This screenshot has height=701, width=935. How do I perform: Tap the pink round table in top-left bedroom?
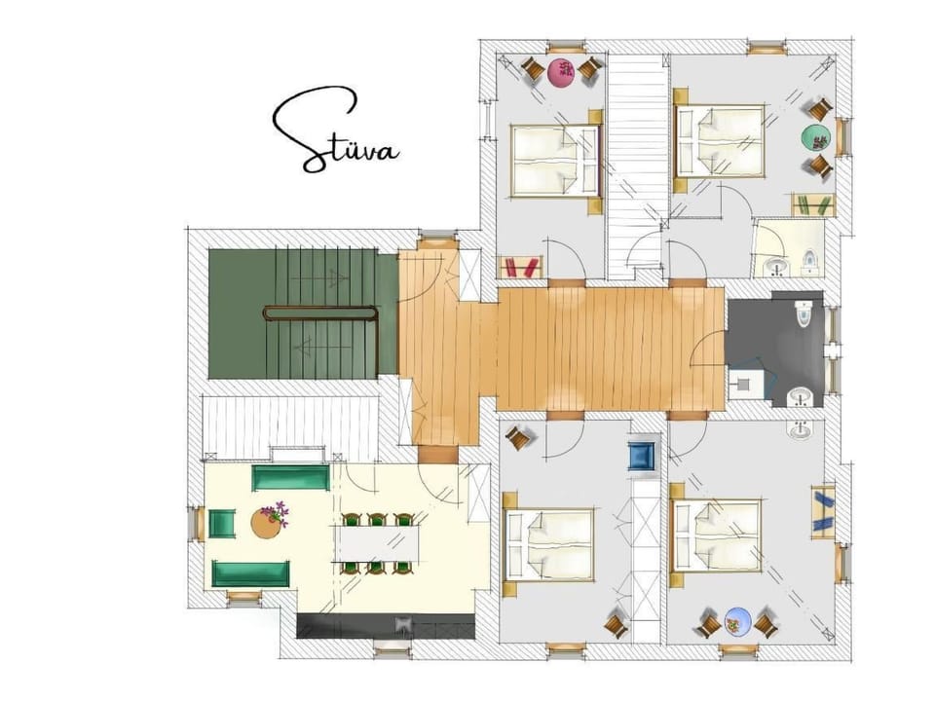(x=561, y=71)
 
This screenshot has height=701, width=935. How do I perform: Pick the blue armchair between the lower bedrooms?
(x=642, y=456)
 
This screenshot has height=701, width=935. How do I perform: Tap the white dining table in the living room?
(x=379, y=543)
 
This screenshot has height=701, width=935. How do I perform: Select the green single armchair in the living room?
(x=222, y=524)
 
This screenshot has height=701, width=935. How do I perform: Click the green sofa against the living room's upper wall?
(x=290, y=478)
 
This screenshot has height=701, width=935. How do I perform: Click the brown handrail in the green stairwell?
(x=320, y=313)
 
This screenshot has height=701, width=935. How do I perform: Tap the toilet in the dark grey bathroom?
(x=804, y=314)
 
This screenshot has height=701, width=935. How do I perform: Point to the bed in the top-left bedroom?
(x=553, y=161)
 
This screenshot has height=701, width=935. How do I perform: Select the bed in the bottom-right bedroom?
(x=718, y=535)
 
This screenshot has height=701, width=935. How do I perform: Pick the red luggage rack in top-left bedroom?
(x=519, y=266)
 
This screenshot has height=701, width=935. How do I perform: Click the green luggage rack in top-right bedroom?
(x=812, y=204)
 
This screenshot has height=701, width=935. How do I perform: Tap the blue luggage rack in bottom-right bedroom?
(x=822, y=511)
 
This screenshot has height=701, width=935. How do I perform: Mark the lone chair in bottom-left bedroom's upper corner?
(x=519, y=439)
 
